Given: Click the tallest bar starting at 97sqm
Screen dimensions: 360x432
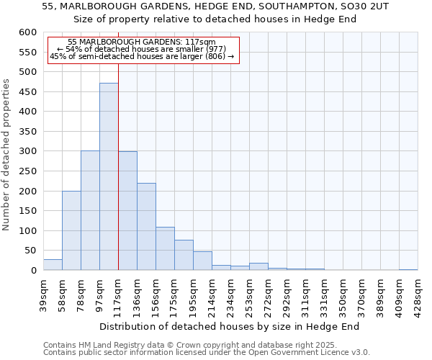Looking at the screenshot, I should click(x=109, y=176).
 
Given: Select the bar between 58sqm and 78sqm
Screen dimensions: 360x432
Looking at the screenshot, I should click(x=71, y=230).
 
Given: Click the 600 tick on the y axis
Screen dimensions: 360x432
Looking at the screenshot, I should click(x=27, y=32).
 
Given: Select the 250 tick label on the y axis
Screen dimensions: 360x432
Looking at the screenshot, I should click(x=27, y=171).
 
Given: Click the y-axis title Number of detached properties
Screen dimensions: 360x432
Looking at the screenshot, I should click(x=7, y=155).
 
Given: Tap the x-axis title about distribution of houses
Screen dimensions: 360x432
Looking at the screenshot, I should click(x=229, y=326).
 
